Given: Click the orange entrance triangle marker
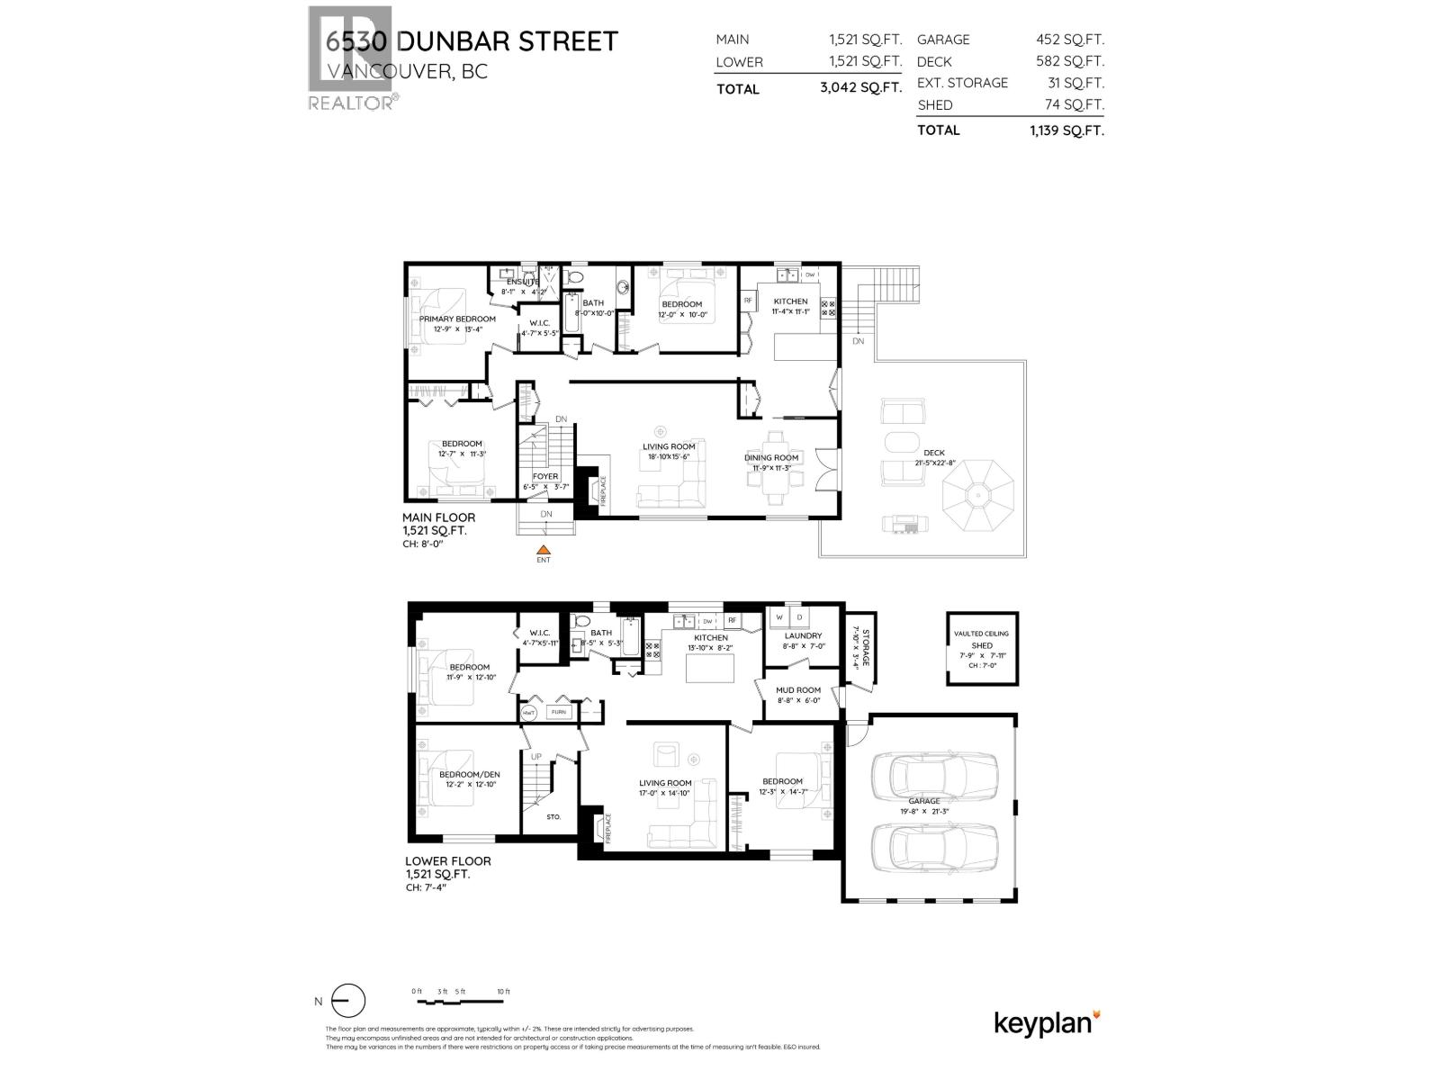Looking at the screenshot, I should (x=543, y=550).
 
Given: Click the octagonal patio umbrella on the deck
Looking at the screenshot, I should (x=978, y=495).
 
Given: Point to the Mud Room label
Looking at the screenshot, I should (x=798, y=689).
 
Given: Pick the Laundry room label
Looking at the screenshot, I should (x=803, y=635).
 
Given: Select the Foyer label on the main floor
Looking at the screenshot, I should (x=545, y=476).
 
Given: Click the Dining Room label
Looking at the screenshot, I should (x=771, y=457).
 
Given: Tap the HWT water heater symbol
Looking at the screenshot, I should (x=530, y=712).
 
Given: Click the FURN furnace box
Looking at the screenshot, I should (x=559, y=712).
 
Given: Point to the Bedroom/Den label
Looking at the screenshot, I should (x=469, y=774).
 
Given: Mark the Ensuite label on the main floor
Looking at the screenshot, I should (x=523, y=282).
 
